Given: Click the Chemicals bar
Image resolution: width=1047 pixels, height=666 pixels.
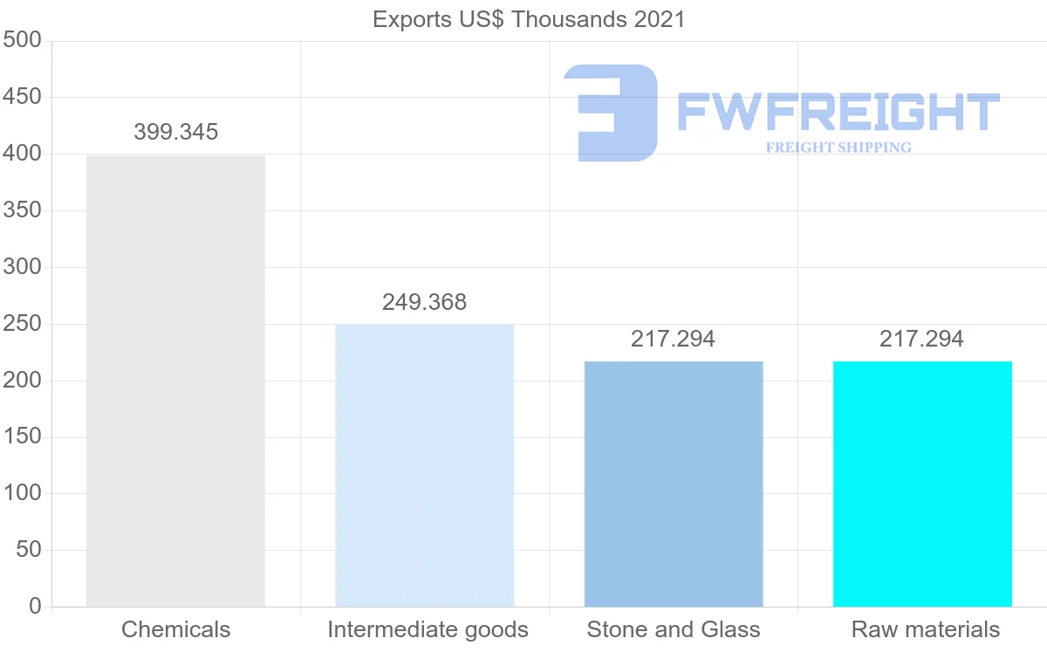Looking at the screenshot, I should [175, 381].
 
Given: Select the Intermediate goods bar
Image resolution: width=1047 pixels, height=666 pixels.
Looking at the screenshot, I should [425, 465].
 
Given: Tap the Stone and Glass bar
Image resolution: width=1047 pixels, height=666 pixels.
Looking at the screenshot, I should [674, 484].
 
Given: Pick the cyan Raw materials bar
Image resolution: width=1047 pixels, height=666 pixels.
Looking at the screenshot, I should [922, 484].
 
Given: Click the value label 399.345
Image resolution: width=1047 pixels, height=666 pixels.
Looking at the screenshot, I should [176, 133].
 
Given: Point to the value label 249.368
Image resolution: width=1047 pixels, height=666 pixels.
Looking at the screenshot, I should [425, 303].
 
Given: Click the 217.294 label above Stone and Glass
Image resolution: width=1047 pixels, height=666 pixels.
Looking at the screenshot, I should [674, 340].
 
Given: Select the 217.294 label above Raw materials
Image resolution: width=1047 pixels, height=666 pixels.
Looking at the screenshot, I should [922, 340].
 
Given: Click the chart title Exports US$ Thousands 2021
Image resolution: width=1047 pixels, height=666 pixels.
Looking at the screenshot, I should [529, 19].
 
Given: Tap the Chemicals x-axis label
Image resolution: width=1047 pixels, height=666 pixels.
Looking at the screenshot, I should [176, 629].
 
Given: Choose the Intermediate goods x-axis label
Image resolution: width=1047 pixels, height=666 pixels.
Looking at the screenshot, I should [428, 629].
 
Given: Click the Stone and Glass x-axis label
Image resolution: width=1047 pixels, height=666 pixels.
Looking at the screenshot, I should [674, 629].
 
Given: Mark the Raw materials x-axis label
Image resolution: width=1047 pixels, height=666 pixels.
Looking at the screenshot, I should [926, 629].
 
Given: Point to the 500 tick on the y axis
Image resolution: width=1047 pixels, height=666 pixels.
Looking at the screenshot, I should [23, 40].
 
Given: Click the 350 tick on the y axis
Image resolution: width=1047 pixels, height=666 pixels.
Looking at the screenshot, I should [23, 210].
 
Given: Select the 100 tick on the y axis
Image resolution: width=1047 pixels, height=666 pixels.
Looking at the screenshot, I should [23, 493].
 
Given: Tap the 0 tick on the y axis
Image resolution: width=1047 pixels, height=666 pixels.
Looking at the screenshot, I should [35, 606].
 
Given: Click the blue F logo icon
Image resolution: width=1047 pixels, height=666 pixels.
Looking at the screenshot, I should [611, 113].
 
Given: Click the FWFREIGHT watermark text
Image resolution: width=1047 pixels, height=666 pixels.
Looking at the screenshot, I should [838, 113].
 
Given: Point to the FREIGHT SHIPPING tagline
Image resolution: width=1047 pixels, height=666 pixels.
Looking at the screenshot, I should [838, 148].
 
